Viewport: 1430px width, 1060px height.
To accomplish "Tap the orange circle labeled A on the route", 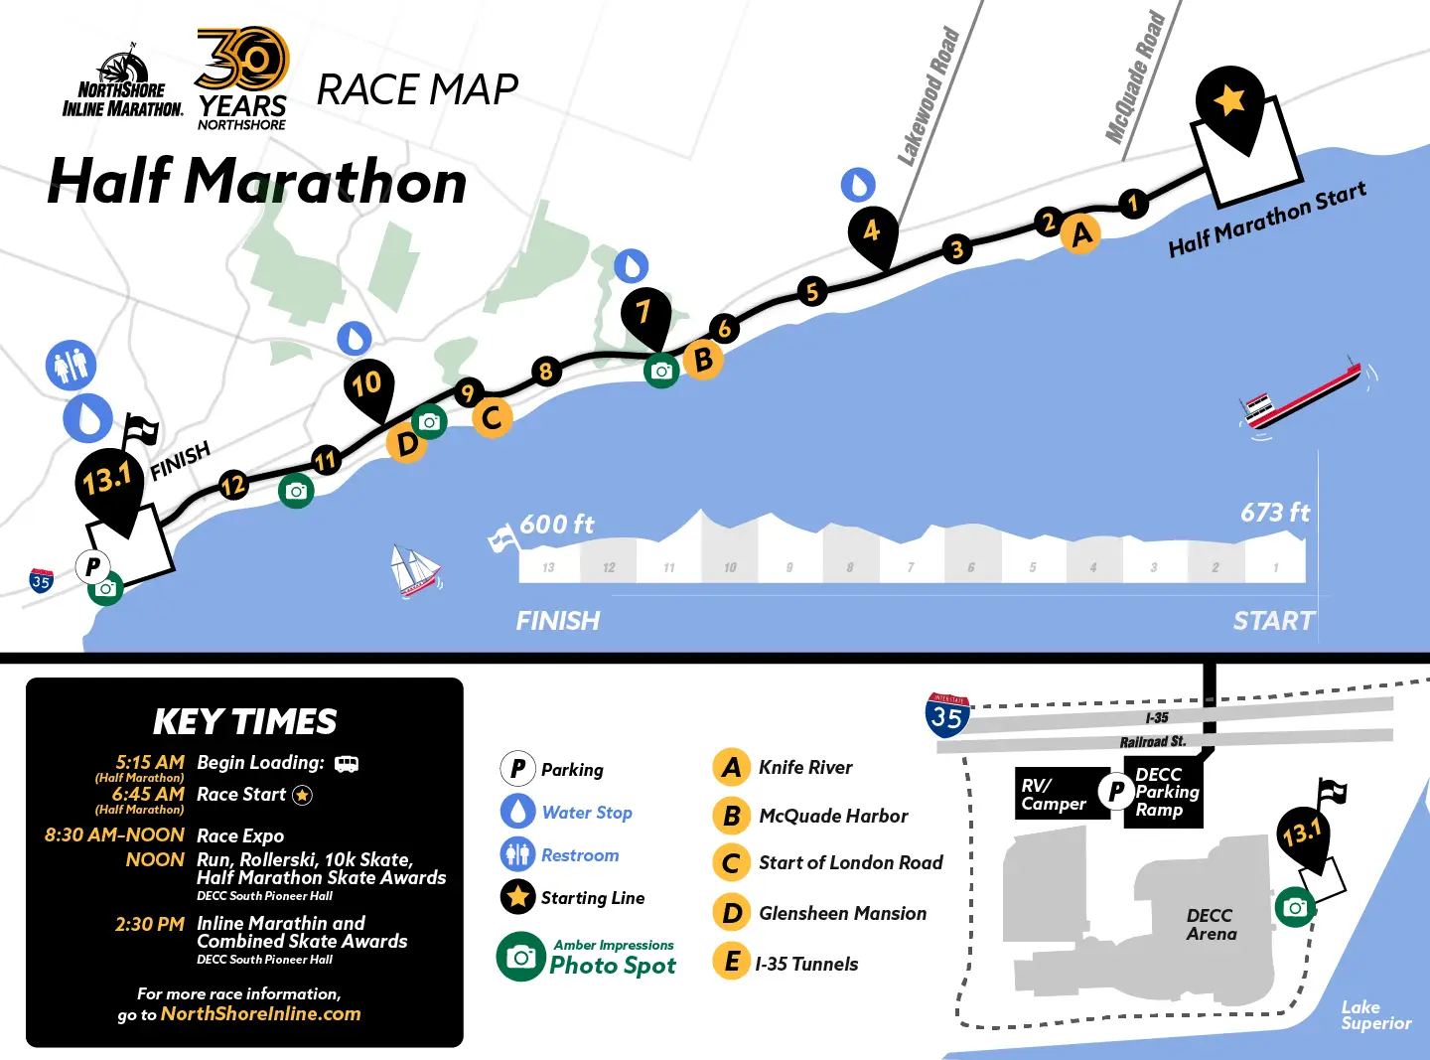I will pyautogui.click(x=1080, y=234).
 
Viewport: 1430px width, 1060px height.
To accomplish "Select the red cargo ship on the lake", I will pyautogui.click(x=1301, y=396).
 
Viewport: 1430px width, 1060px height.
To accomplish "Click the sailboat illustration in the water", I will pyautogui.click(x=415, y=572).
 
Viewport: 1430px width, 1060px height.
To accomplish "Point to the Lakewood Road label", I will pyautogui.click(x=929, y=96).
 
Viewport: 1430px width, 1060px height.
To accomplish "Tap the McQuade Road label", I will pyautogui.click(x=1135, y=76).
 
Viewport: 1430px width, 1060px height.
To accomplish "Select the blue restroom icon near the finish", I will pyautogui.click(x=71, y=366).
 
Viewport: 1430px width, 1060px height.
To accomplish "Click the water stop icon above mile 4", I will pyautogui.click(x=858, y=185).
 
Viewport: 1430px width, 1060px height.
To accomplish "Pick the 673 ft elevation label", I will pyautogui.click(x=1274, y=513).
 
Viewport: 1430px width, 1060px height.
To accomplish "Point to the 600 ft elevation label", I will pyautogui.click(x=556, y=525).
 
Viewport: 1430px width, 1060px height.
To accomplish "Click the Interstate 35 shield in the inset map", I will pyautogui.click(x=946, y=715).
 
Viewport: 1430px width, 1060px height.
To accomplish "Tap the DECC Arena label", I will pyautogui.click(x=1211, y=925).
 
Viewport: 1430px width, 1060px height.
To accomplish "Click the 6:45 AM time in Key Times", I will pyautogui.click(x=148, y=795).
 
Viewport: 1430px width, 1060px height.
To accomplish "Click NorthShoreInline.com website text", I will pyautogui.click(x=260, y=1014).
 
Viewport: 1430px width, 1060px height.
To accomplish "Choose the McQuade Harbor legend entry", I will pyautogui.click(x=832, y=817).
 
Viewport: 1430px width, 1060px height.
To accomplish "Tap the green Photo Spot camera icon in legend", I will pyautogui.click(x=520, y=957).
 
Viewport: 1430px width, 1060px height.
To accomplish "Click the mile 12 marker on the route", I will pyautogui.click(x=232, y=485).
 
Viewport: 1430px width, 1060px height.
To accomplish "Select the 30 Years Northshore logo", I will pyautogui.click(x=242, y=77).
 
